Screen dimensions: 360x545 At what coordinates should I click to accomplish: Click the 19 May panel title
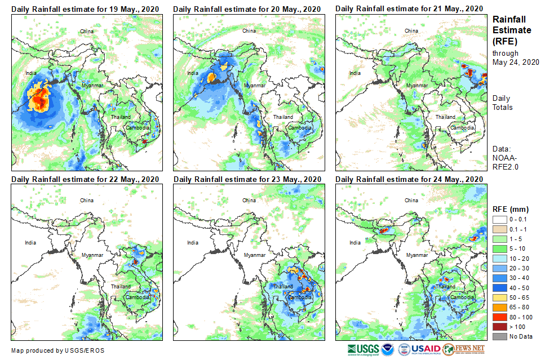[x=85, y=9]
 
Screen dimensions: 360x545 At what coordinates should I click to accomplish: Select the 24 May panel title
[x=409, y=179]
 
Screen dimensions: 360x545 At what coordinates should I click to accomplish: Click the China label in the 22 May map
[x=87, y=200]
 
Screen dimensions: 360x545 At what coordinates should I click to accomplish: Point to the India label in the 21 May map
[x=355, y=73]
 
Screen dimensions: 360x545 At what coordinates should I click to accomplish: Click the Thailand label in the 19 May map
[x=121, y=117]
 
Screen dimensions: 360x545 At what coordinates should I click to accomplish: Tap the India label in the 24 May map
[x=355, y=243]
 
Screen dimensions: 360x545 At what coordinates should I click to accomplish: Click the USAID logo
[x=419, y=349]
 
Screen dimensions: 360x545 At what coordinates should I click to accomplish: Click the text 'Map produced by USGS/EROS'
[x=57, y=350]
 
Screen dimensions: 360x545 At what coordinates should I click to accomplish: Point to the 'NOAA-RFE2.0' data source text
[x=506, y=162]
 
